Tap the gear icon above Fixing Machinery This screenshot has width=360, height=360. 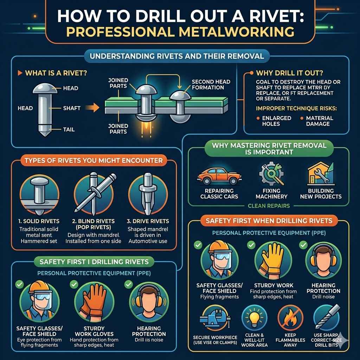coord(271,173)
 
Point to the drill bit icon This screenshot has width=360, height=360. coord(327,317)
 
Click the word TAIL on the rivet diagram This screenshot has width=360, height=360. coord(69,129)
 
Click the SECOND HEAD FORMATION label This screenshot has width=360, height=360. coord(211,84)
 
